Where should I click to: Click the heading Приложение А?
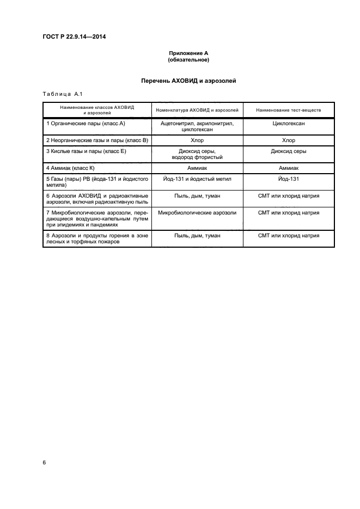pyautogui.click(x=188, y=53)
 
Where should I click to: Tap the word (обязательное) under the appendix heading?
pyautogui.click(x=188, y=59)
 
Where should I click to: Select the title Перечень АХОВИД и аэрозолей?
pyautogui.click(x=188, y=81)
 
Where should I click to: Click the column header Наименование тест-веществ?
pyautogui.click(x=288, y=110)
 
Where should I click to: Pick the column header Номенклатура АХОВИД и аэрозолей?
pyautogui.click(x=197, y=110)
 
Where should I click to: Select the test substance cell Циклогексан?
pyautogui.click(x=288, y=124)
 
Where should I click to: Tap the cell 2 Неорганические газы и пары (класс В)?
pyautogui.click(x=97, y=140)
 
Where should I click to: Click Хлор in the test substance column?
pyautogui.click(x=288, y=140)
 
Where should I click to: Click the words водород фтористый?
pyautogui.click(x=197, y=157)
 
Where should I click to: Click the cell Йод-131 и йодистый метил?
pyautogui.click(x=197, y=179)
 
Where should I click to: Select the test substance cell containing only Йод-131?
pyautogui.click(x=288, y=179)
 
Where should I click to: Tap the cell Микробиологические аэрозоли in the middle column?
pyautogui.click(x=197, y=213)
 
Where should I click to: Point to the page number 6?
pyautogui.click(x=44, y=462)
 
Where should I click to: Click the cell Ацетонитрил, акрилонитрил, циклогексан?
pyautogui.click(x=197, y=127)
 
